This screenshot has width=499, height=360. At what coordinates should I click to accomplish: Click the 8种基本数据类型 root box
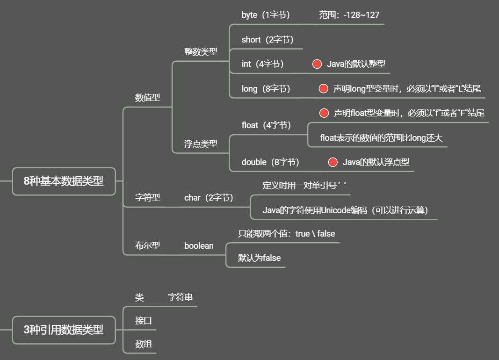point(64,181)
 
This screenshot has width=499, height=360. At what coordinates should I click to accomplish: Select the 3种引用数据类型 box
point(64,330)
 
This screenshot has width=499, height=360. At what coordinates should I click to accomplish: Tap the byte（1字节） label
point(266,15)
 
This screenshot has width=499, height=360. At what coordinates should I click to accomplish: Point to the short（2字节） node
point(267,40)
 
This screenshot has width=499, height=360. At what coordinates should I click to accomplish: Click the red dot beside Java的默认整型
point(317,65)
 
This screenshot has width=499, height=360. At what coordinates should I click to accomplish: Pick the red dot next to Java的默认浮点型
point(333,162)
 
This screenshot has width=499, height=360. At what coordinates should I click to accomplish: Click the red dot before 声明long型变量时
point(323,89)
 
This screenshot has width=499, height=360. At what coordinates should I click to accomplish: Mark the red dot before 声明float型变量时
point(324,113)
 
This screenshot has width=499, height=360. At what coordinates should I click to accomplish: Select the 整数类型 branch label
point(201,52)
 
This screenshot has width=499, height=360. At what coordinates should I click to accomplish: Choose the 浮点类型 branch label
point(201,144)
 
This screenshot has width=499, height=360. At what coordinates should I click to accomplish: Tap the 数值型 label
point(147,98)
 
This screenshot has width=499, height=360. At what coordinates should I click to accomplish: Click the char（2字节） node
point(209,198)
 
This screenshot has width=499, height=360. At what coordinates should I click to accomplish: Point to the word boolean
point(199,246)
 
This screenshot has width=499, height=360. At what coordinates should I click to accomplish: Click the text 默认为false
point(259,258)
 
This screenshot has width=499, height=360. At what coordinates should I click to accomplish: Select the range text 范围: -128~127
point(349,15)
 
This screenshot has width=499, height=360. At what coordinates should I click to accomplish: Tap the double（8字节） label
point(270,162)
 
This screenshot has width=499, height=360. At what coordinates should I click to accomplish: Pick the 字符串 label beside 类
point(180,297)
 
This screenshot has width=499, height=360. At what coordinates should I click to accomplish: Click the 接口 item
point(143,321)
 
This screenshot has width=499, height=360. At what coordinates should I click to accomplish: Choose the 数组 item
point(143,345)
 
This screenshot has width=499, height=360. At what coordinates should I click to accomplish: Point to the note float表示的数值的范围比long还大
point(381,138)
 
